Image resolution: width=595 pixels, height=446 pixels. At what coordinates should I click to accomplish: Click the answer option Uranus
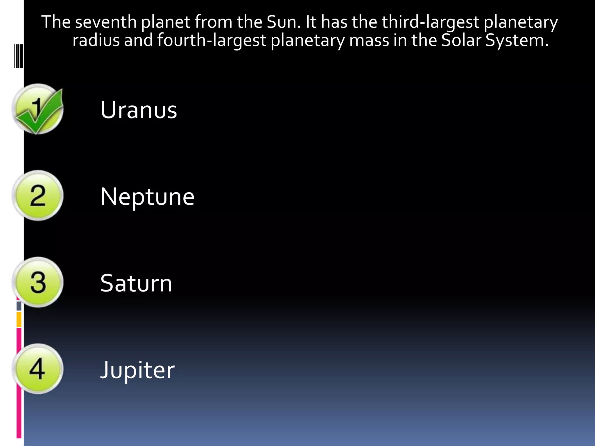139,110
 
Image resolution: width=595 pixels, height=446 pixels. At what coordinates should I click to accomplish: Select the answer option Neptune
147,197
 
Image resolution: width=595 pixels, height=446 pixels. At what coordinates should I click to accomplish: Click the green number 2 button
38,196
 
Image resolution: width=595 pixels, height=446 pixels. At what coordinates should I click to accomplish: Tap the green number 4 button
38,369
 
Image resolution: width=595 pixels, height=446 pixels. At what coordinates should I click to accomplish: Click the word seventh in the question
106,22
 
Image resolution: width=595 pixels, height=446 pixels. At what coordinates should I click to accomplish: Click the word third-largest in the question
430,22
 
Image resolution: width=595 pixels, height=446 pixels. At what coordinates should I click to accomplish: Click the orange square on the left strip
19,319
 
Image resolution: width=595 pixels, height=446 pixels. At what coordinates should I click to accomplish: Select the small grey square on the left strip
19,306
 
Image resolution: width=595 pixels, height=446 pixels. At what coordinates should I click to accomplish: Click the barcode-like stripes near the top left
19,56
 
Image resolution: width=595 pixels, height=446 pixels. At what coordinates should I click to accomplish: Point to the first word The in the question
56,22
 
